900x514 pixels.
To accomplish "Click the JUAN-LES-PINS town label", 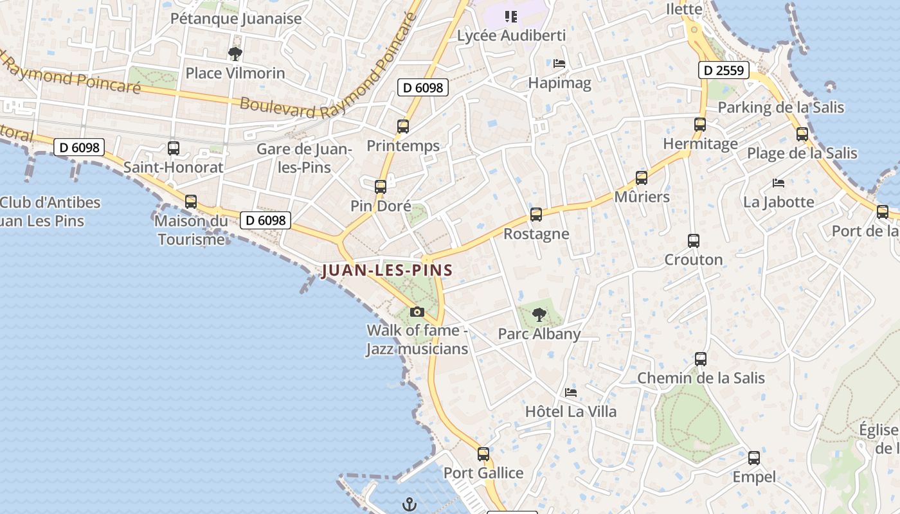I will pos(387,270).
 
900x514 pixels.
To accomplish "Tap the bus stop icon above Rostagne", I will pos(536,215).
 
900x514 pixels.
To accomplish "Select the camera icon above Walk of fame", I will pos(417,312).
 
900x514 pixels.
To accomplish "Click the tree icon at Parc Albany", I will pos(539,315).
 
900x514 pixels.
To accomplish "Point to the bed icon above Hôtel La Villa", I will pos(570,392).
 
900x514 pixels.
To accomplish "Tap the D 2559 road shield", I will pos(724,70).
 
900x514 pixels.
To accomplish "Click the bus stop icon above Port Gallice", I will pos(483,454).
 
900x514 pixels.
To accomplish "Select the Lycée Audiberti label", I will pos(511,35).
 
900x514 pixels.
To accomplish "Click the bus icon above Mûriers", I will pos(641,178).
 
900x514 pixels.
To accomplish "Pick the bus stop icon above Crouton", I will pos(693,241).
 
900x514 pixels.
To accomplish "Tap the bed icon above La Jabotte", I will pos(779,183).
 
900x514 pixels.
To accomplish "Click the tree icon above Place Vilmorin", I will pos(235,54).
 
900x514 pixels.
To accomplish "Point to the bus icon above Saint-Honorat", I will pos(173,148).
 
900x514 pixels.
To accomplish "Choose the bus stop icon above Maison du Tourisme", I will pos(191,202).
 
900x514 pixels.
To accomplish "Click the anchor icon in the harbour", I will pos(409,504).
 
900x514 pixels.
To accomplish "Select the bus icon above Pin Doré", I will pos(381,187).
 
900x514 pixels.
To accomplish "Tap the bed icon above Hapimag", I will pos(559,64).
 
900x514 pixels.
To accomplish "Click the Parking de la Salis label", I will pos(780,107).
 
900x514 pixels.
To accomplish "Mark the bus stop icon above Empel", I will pos(754,458).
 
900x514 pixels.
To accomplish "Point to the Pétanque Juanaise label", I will pos(236,19).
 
